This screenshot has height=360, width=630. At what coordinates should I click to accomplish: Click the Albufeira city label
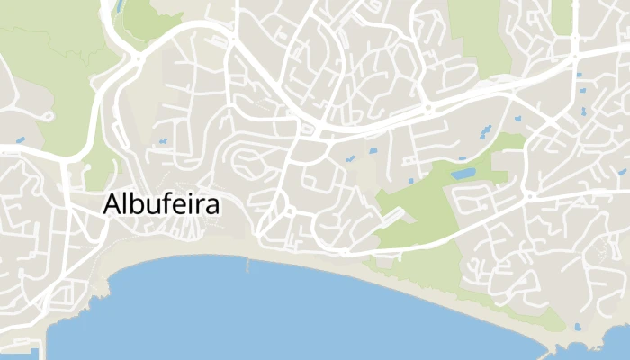[162, 204]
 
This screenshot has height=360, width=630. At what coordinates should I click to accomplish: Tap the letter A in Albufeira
[113, 204]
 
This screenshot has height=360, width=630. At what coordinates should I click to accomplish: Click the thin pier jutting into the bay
[247, 265]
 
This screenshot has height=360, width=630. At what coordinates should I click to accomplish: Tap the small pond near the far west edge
[20, 140]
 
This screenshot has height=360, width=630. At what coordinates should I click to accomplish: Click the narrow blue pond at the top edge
[120, 6]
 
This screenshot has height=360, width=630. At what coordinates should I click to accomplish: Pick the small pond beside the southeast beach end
[577, 326]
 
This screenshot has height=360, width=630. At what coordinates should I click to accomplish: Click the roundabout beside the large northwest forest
[138, 58]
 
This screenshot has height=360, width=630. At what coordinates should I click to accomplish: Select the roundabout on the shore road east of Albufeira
[290, 211]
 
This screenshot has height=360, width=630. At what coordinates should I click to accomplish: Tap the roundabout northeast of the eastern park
[531, 195]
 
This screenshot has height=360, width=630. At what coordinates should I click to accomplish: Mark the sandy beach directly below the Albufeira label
[162, 252]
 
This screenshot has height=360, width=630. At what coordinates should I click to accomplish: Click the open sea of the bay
[270, 315]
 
